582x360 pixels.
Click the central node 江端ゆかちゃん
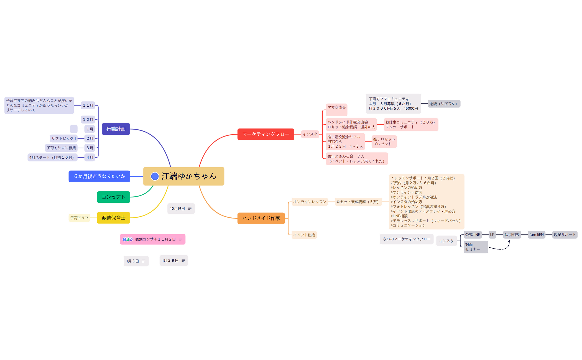click(x=184, y=176)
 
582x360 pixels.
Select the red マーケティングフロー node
click(x=266, y=134)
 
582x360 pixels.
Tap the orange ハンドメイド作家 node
click(x=261, y=218)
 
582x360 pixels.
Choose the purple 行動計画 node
click(x=116, y=129)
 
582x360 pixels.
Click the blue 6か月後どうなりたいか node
click(x=99, y=176)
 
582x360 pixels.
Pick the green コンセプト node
click(x=113, y=197)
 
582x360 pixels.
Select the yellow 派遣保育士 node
click(x=113, y=218)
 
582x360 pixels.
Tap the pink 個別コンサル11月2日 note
click(x=153, y=239)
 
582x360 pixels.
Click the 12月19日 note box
click(x=181, y=209)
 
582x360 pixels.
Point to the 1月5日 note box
click(x=136, y=261)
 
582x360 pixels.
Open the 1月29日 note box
click(x=174, y=261)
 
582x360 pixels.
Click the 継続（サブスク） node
click(x=444, y=104)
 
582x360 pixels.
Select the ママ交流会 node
click(x=336, y=110)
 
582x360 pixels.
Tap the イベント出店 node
click(x=304, y=235)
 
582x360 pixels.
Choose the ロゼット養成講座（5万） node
click(x=358, y=202)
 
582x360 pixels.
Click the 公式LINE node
click(x=473, y=235)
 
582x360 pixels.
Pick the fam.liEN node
click(x=537, y=235)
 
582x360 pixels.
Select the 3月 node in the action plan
click(x=90, y=148)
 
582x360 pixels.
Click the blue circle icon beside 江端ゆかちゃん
click(x=155, y=176)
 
